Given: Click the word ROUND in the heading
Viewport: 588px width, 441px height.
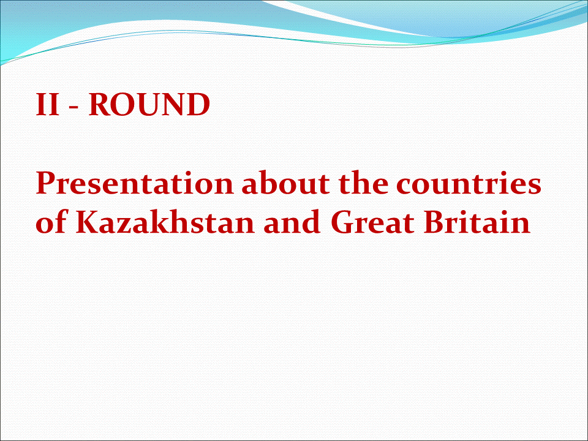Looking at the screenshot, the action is tap(149, 104).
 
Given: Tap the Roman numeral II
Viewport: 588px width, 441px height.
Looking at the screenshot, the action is tap(48, 104).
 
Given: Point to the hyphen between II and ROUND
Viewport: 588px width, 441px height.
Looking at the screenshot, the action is tap(74, 107).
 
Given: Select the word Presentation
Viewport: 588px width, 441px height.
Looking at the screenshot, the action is tap(135, 183).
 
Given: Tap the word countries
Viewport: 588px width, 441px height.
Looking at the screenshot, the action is tap(469, 184).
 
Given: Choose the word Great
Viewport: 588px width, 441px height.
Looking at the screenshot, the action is tap(373, 222).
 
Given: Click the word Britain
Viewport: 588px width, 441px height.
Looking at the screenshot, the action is tap(477, 222).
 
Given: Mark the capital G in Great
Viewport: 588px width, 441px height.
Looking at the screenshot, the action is tap(342, 222).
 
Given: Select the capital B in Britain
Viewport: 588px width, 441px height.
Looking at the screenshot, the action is tap(435, 222).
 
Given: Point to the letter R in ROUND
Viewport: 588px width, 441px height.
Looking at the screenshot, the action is tap(100, 104).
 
